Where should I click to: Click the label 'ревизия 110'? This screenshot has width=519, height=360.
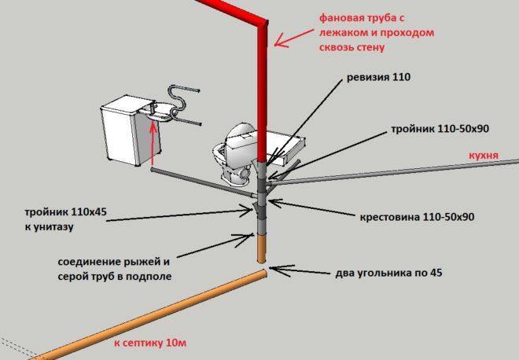[378, 79]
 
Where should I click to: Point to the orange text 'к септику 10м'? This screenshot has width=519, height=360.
[150, 343]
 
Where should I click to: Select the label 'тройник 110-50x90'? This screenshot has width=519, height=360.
[436, 129]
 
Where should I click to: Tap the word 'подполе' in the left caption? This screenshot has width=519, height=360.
[153, 276]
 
